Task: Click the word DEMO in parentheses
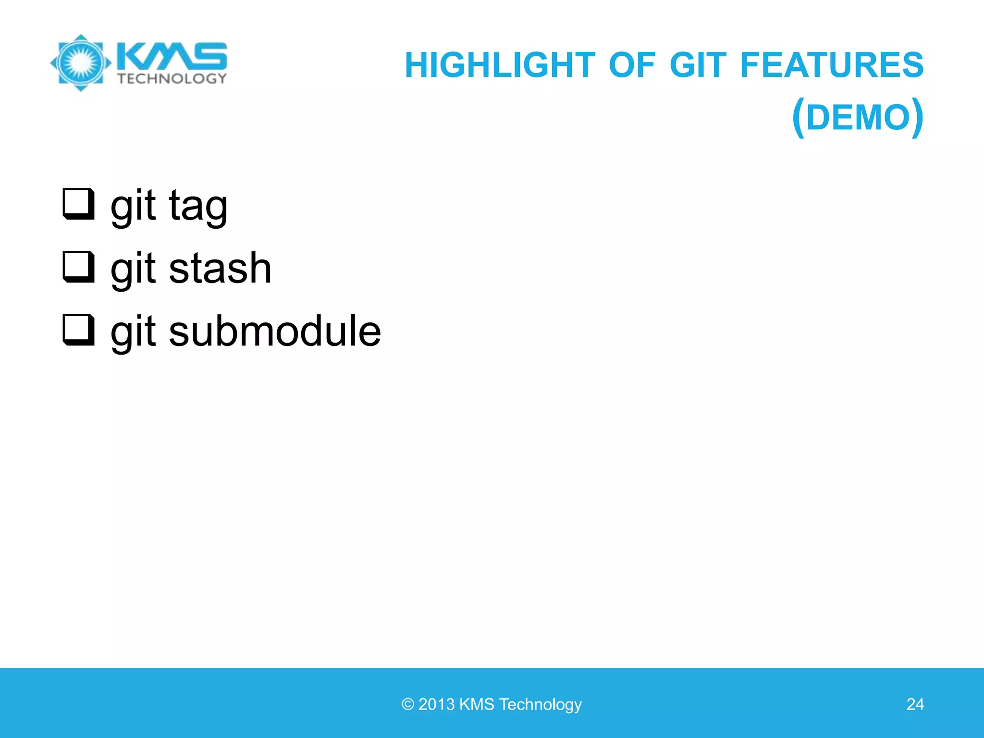coord(858,118)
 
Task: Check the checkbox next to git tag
coord(78,204)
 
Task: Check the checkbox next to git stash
coord(78,267)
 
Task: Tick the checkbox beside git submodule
coord(78,330)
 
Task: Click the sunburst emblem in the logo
coord(81,62)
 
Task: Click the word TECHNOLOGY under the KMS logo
coord(172,78)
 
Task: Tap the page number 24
coord(915,704)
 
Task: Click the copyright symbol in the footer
coord(407,704)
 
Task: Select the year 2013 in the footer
coord(436,704)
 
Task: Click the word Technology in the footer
coord(541,704)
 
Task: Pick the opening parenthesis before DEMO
coord(798,118)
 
